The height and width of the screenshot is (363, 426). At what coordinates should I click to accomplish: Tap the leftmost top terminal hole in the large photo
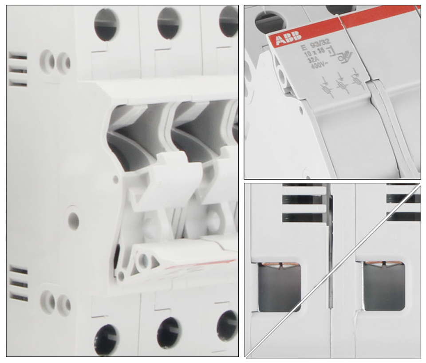click(105, 24)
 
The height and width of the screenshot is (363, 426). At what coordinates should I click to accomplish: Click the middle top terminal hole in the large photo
click(169, 22)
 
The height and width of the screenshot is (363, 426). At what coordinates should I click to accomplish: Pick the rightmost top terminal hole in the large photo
click(229, 21)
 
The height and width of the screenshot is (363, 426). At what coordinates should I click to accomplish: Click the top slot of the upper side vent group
click(18, 56)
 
